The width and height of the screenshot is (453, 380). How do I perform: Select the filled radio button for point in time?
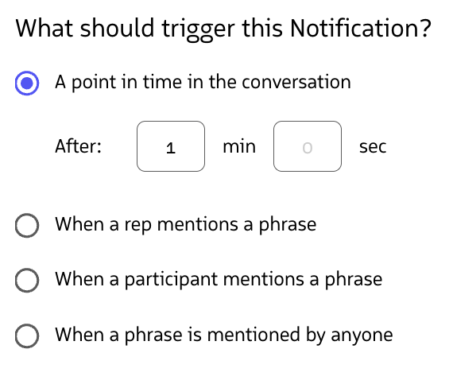click(x=28, y=82)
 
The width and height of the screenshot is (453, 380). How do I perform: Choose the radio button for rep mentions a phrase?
click(x=28, y=225)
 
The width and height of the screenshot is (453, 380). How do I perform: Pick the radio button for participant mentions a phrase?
click(x=28, y=280)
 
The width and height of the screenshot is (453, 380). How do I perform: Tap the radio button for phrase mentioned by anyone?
click(x=28, y=335)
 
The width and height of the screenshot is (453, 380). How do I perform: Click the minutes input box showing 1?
click(x=171, y=146)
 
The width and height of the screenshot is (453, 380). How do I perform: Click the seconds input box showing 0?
click(x=308, y=146)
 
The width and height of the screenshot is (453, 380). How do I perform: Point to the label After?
click(x=78, y=146)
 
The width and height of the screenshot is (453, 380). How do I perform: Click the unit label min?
click(x=239, y=146)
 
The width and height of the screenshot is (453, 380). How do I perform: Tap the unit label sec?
click(x=373, y=146)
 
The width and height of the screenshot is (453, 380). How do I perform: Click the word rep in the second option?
click(x=138, y=225)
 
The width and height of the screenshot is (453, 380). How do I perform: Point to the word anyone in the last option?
click(x=362, y=335)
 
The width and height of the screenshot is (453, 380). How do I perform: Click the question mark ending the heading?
click(x=425, y=29)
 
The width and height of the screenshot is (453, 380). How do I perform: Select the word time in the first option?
click(x=162, y=82)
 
